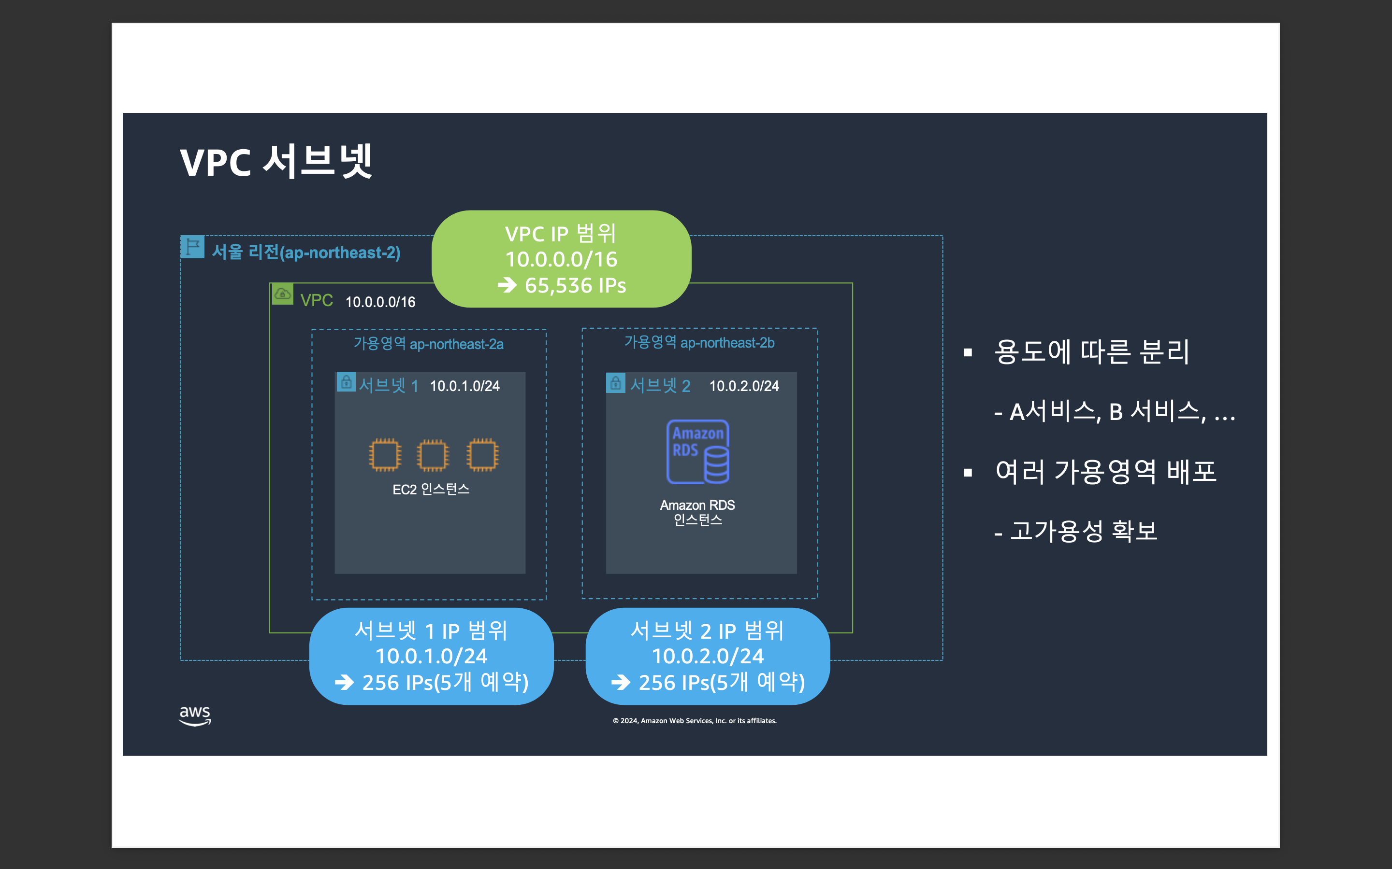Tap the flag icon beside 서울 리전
pyautogui.click(x=193, y=247)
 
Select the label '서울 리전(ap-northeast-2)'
pyautogui.click(x=306, y=252)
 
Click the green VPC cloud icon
pyautogui.click(x=282, y=294)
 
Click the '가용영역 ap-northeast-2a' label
pyautogui.click(x=429, y=344)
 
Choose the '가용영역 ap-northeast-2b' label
pyautogui.click(x=699, y=343)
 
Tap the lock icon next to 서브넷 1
pyautogui.click(x=346, y=382)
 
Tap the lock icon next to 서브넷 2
pyautogui.click(x=615, y=383)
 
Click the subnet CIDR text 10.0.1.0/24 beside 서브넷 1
pyautogui.click(x=465, y=386)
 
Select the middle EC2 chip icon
pyautogui.click(x=433, y=455)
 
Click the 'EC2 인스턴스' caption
pyautogui.click(x=431, y=489)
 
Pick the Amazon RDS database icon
pyautogui.click(x=698, y=452)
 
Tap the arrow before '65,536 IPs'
pyautogui.click(x=507, y=285)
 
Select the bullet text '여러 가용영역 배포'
pyautogui.click(x=1105, y=472)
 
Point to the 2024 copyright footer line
pyautogui.click(x=694, y=721)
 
